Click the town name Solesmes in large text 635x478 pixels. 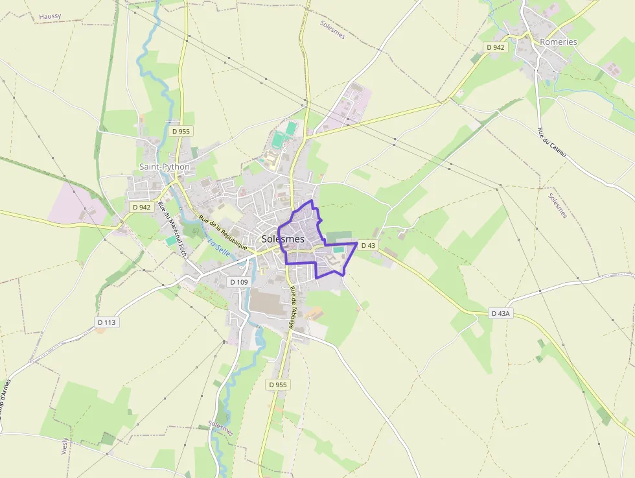pyautogui.click(x=283, y=239)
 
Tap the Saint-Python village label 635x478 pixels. pyautogui.click(x=165, y=167)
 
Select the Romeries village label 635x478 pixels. pyautogui.click(x=558, y=42)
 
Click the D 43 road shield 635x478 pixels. pyautogui.click(x=368, y=245)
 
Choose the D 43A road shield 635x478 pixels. pyautogui.click(x=501, y=313)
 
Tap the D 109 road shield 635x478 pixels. pyautogui.click(x=239, y=282)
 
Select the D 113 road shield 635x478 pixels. pyautogui.click(x=107, y=322)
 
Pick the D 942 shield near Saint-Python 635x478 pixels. pyautogui.click(x=141, y=208)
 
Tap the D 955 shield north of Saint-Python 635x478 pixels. pyautogui.click(x=181, y=131)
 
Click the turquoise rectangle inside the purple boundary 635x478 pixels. pyautogui.click(x=338, y=250)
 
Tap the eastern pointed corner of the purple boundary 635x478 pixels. pyautogui.click(x=357, y=243)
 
